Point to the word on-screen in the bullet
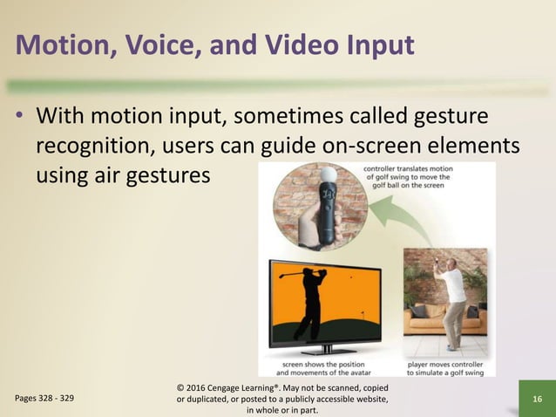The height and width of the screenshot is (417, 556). pos(372,146)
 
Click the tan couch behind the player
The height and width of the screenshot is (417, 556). pos(432,319)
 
